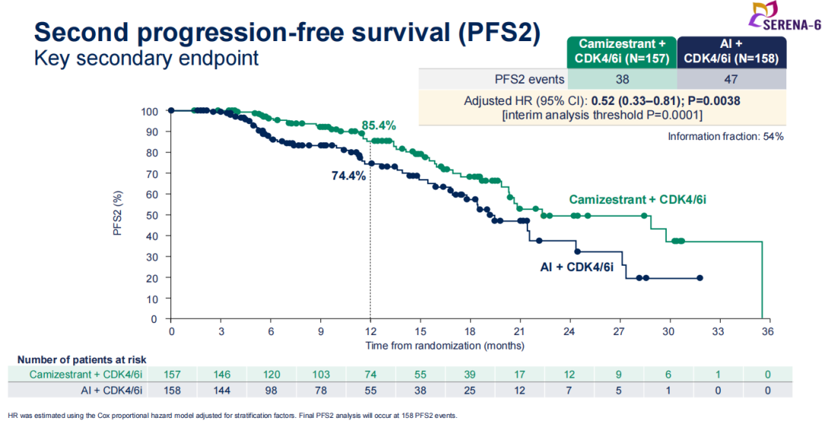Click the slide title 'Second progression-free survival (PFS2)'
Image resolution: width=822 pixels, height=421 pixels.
pos(288,31)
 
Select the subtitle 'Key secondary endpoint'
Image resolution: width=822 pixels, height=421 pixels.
pos(146,58)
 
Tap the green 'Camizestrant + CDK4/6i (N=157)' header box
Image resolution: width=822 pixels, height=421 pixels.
pos(622,51)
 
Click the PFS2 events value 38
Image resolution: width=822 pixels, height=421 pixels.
pos(622,78)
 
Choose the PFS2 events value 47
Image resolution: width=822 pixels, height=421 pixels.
pos(730,78)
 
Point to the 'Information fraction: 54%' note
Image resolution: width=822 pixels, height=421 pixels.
pos(725,136)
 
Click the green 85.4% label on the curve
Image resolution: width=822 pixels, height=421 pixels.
pos(378,126)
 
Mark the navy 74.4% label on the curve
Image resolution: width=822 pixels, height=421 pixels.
pos(349,176)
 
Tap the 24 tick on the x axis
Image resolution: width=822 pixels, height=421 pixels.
pos(569,333)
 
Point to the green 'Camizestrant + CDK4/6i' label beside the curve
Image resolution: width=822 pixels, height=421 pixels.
pos(637,200)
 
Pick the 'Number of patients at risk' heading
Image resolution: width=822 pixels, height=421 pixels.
pos(81,359)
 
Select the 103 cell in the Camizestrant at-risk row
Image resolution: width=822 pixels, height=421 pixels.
pos(320,375)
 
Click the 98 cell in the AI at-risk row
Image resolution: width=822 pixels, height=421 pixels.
pos(271,391)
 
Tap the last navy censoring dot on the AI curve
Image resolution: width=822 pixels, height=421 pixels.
pos(699,278)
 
